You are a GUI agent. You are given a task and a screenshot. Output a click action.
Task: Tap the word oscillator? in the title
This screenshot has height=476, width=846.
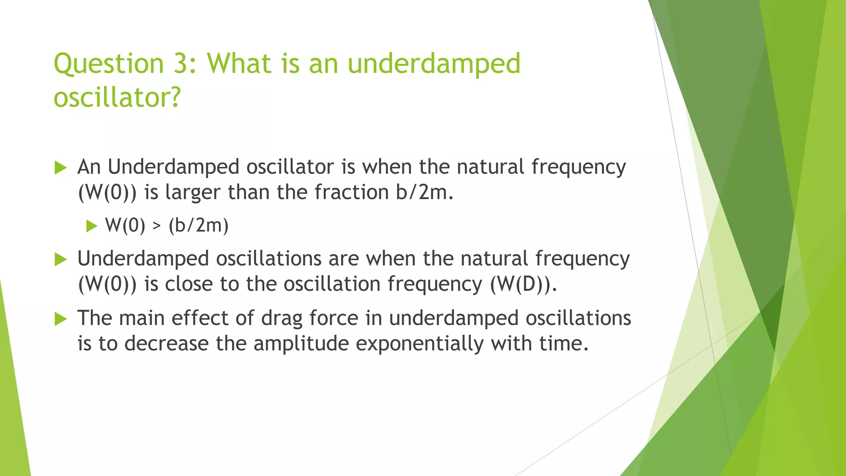[117, 98]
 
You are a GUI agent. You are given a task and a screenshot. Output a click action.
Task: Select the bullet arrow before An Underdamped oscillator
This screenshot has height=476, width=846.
[60, 168]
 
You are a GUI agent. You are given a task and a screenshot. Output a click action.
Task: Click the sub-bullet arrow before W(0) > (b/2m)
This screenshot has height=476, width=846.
[91, 226]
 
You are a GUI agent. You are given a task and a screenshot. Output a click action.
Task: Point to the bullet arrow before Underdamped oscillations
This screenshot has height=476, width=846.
[60, 259]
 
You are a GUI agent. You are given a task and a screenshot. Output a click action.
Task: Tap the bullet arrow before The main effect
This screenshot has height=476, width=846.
[60, 319]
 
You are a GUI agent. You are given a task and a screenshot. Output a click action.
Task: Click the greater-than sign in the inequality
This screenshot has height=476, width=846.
[157, 226]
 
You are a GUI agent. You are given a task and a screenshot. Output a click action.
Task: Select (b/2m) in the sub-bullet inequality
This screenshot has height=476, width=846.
[198, 226]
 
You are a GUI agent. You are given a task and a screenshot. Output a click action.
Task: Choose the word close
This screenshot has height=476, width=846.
[188, 284]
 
